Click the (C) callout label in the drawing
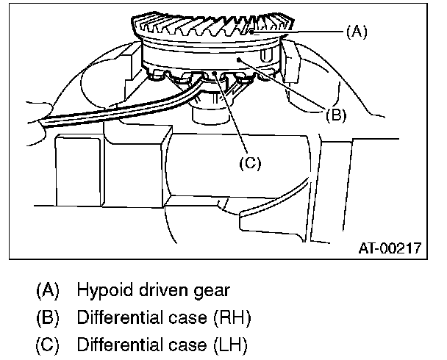click(249, 161)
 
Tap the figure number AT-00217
click(390, 248)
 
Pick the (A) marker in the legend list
click(49, 289)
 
